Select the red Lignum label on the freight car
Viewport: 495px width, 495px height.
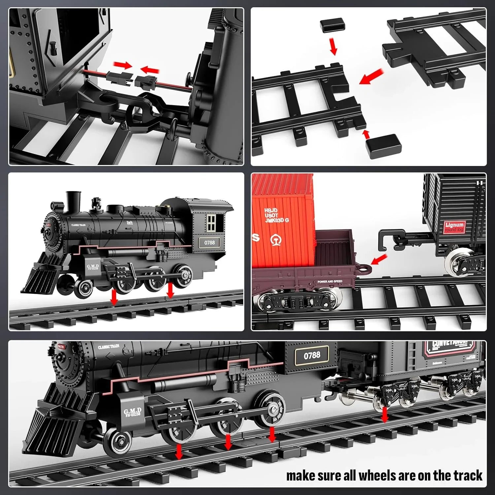(x=454, y=227)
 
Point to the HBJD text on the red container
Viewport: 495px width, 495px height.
(x=271, y=210)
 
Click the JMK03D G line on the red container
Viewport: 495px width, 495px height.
(x=277, y=220)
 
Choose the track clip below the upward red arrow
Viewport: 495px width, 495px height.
(x=381, y=146)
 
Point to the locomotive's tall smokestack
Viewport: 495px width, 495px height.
(x=73, y=202)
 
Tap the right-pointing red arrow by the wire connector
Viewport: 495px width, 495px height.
(x=122, y=65)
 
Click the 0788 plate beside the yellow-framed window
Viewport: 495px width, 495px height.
(x=209, y=243)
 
